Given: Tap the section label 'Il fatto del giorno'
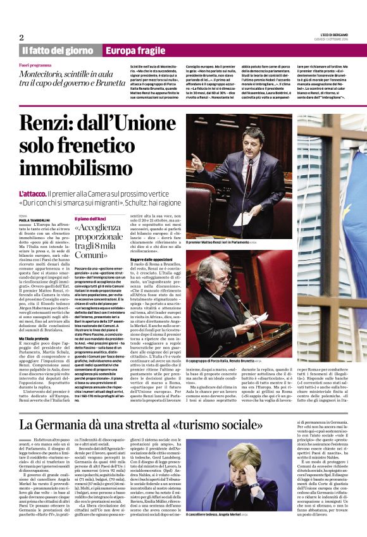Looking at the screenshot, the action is point(58,50).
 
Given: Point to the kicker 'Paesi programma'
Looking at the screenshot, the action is point(35,65).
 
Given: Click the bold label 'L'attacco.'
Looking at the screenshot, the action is point(34,192).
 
